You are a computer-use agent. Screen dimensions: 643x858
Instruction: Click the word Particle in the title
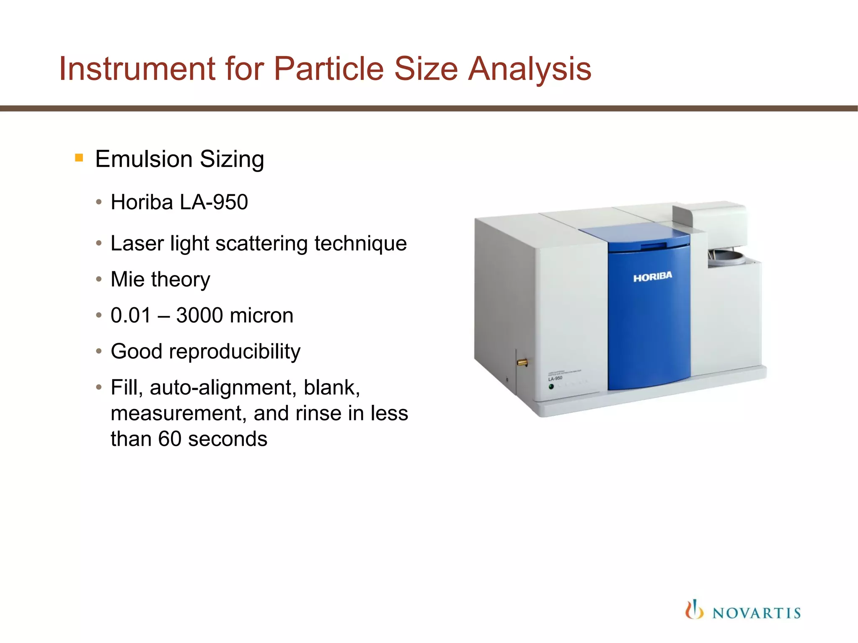coord(328,69)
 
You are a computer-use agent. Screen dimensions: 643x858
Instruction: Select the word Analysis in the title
coord(530,69)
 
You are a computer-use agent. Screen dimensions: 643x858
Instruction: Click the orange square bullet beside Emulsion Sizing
coord(79,158)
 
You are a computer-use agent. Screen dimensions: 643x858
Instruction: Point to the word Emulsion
coord(144,159)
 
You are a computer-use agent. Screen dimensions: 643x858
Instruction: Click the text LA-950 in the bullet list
coord(214,202)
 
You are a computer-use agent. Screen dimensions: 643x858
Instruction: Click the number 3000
coord(199,315)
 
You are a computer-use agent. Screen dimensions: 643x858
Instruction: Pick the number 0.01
coord(130,315)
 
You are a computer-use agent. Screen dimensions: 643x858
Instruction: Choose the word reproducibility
coord(235,351)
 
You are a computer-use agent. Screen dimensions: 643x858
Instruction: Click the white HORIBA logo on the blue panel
coord(652,277)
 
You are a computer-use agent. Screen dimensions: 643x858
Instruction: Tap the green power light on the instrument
coord(551,386)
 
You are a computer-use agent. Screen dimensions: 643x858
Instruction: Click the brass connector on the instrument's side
coord(522,362)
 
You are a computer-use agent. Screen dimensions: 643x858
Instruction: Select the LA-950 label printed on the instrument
coord(556,378)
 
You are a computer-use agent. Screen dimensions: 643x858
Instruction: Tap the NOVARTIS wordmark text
coord(756,613)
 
